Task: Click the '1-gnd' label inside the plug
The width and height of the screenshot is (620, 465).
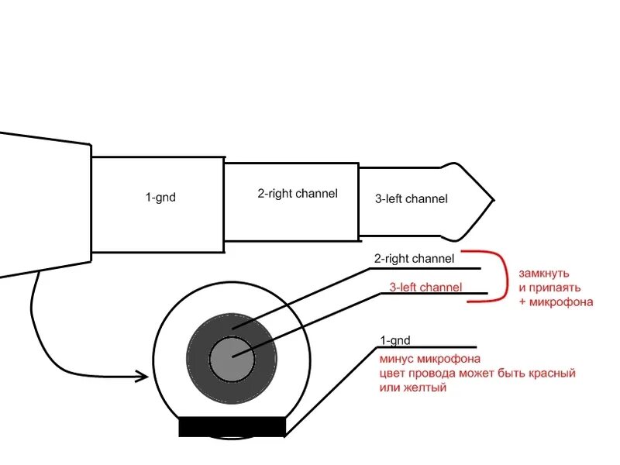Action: (x=160, y=198)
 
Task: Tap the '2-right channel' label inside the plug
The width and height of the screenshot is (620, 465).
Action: (x=298, y=194)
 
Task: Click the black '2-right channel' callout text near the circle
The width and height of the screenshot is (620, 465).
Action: (x=415, y=258)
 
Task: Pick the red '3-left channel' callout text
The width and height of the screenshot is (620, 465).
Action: (x=425, y=288)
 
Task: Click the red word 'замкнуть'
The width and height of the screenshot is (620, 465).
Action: (x=544, y=274)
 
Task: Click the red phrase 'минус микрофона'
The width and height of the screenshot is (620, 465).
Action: (x=430, y=359)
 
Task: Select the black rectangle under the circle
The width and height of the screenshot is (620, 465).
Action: (x=232, y=426)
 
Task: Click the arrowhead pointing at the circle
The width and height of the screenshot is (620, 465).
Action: (x=142, y=377)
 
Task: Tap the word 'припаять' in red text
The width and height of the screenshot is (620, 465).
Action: (x=549, y=288)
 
